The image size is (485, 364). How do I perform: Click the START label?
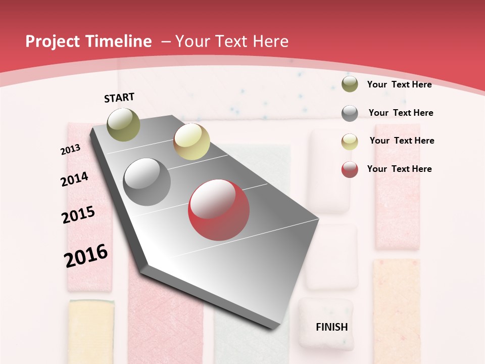pyautogui.click(x=119, y=98)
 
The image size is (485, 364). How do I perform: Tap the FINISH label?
pyautogui.click(x=331, y=327)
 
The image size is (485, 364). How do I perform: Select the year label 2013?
pyautogui.click(x=70, y=150)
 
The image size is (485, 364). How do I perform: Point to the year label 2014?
pyautogui.click(x=74, y=179)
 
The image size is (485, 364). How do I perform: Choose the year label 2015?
pyautogui.click(x=78, y=215)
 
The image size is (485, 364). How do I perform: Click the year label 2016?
pyautogui.click(x=86, y=255)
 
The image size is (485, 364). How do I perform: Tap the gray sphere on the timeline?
pyautogui.click(x=147, y=182)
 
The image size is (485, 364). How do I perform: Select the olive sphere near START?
pyautogui.click(x=123, y=124)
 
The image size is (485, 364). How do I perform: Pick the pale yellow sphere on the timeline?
pyautogui.click(x=191, y=142)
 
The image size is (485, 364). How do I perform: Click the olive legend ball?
pyautogui.click(x=350, y=84)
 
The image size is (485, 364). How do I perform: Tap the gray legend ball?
pyautogui.click(x=350, y=113)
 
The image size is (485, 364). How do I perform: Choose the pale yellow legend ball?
pyautogui.click(x=350, y=141)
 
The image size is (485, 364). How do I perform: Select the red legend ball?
pyautogui.click(x=350, y=169)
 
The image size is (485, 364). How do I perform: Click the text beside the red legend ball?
pyautogui.click(x=399, y=169)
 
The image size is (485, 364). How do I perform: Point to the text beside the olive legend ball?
pyautogui.click(x=399, y=84)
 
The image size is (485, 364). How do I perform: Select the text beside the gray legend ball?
pyautogui.click(x=401, y=113)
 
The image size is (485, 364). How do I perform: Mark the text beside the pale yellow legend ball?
pyautogui.click(x=402, y=141)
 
